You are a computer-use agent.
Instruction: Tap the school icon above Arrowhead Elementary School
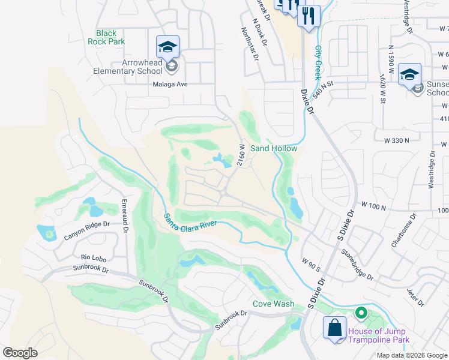click(167, 46)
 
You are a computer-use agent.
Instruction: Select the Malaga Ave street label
click(169, 85)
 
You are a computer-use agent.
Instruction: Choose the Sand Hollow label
click(273, 148)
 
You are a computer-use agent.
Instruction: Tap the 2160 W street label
click(241, 155)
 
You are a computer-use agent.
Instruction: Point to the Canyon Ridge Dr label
click(87, 231)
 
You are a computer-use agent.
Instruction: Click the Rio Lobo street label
click(93, 259)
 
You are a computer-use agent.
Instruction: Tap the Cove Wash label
click(273, 304)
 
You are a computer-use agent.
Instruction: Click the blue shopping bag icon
click(334, 328)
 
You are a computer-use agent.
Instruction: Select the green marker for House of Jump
click(361, 313)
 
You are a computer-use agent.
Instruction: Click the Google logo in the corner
click(20, 353)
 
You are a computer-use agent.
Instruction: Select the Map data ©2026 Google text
click(411, 355)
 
